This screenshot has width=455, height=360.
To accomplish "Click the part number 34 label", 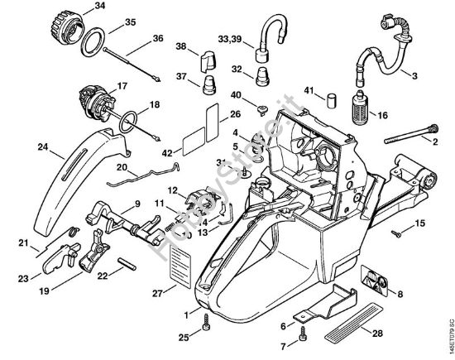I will (x=100, y=7).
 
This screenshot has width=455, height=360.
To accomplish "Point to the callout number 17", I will (x=122, y=84).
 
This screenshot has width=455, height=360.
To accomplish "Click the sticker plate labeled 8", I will (x=375, y=284).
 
